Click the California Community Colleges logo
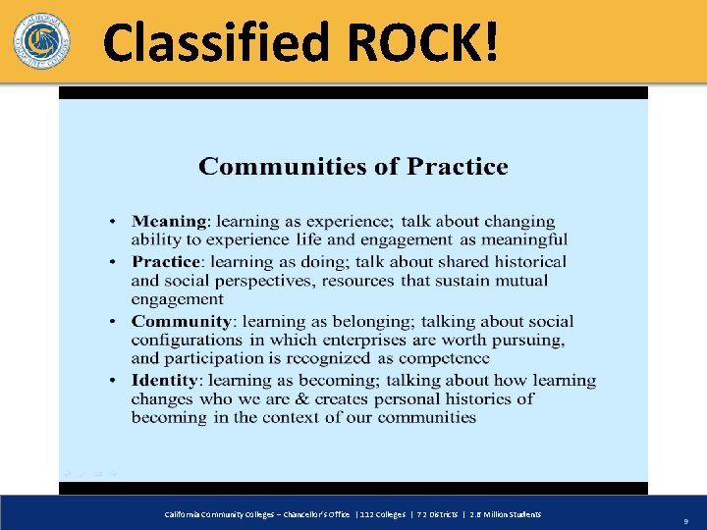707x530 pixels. point(41,41)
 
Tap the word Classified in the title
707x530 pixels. point(217,44)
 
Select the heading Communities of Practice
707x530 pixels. point(353,167)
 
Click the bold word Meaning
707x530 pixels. point(169,222)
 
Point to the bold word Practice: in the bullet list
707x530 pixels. point(167,262)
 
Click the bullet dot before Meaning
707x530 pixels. point(116,223)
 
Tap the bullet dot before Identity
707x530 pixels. point(116,381)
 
